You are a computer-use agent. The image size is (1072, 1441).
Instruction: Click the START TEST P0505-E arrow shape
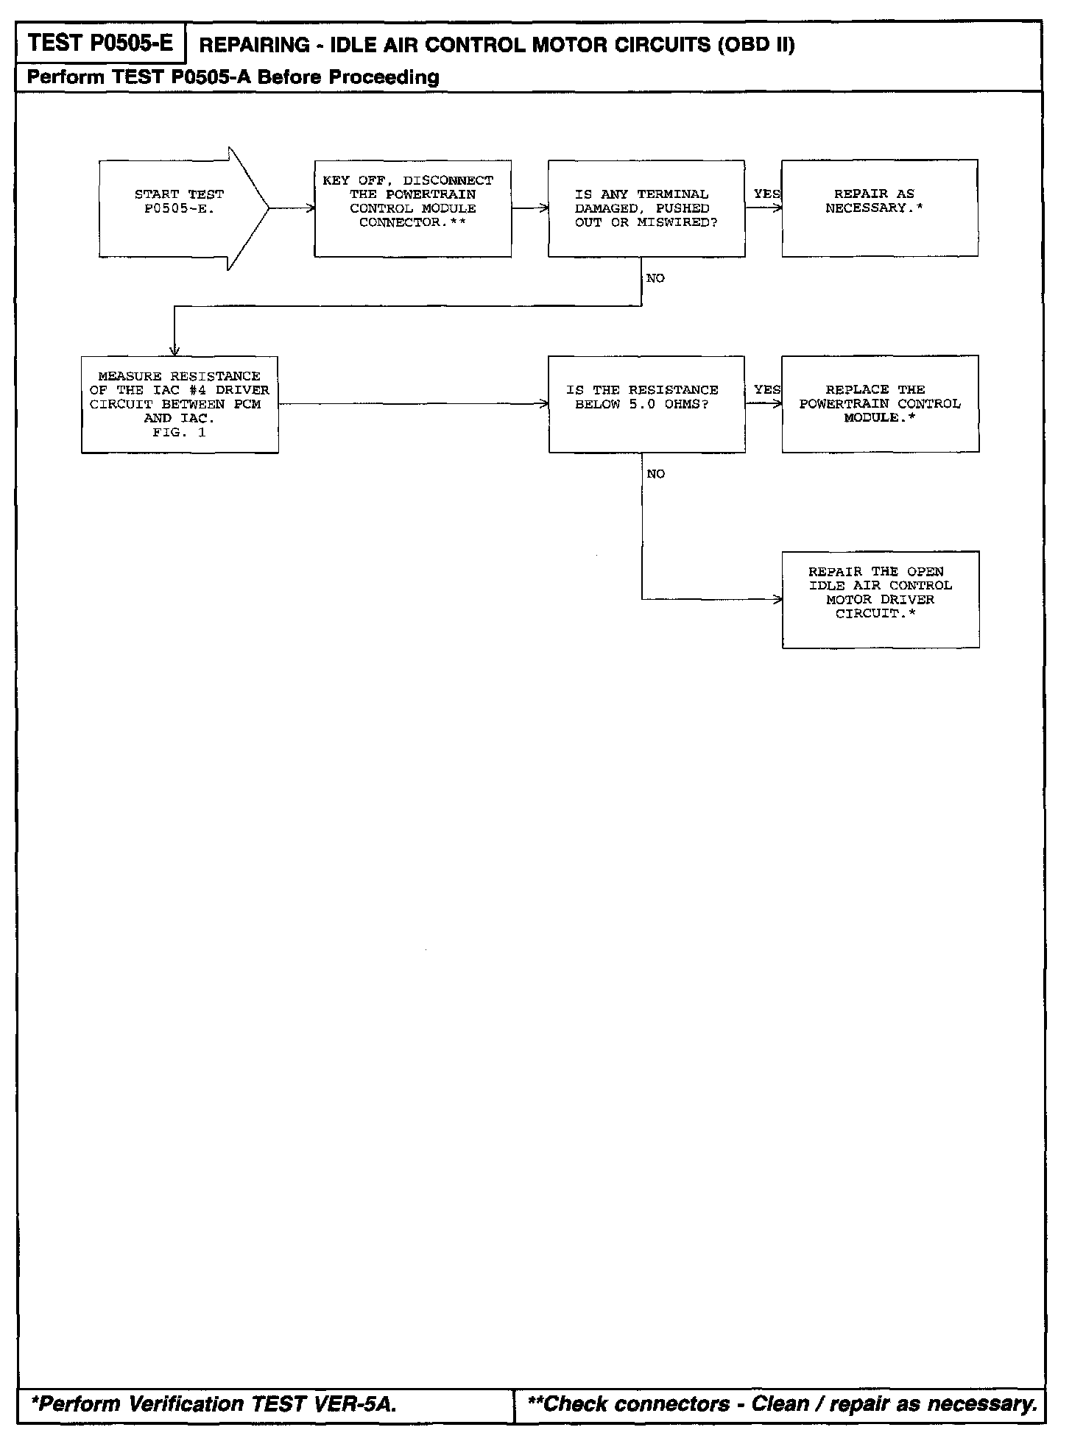coord(180,208)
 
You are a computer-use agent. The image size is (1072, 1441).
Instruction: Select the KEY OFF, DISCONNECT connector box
coord(412,208)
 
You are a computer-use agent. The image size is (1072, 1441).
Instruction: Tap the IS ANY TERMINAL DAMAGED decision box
coord(646,208)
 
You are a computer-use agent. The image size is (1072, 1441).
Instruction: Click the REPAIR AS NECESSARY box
coord(879,208)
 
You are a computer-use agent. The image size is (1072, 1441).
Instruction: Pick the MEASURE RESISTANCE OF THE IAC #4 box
coord(180,404)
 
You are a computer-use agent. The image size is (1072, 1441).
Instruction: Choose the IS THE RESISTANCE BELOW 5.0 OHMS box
coord(646,404)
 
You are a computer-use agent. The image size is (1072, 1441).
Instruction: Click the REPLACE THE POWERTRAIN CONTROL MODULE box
coord(880,404)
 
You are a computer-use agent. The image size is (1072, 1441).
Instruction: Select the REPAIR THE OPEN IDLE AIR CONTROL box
coord(880,599)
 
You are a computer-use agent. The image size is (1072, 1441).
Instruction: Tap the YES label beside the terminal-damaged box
coord(766,194)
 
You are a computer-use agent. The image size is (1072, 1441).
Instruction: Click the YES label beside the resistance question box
coord(766,389)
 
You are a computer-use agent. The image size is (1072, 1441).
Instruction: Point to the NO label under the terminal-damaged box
coord(655,278)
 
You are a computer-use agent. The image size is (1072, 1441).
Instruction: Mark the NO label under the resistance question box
coord(655,474)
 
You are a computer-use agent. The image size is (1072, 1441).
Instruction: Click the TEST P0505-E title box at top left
coord(101,43)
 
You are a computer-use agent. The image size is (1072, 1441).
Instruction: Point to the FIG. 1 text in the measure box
coord(179,433)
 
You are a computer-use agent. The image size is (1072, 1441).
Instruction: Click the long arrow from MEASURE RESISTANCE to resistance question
coord(412,404)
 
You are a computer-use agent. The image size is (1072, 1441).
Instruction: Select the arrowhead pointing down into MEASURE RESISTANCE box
coord(174,351)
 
